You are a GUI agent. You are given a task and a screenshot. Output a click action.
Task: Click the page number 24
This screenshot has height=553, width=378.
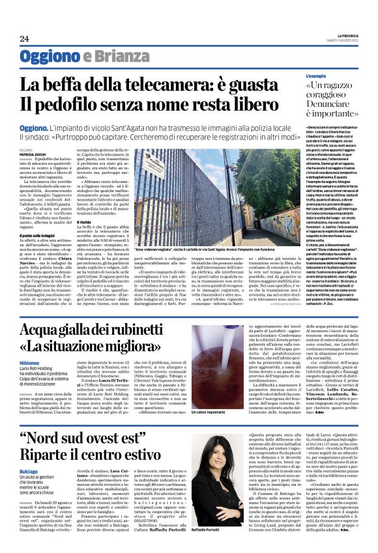pyautogui.click(x=24, y=39)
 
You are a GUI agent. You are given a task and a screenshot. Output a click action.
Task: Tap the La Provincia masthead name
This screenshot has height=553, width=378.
pyautogui.click(x=344, y=35)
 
